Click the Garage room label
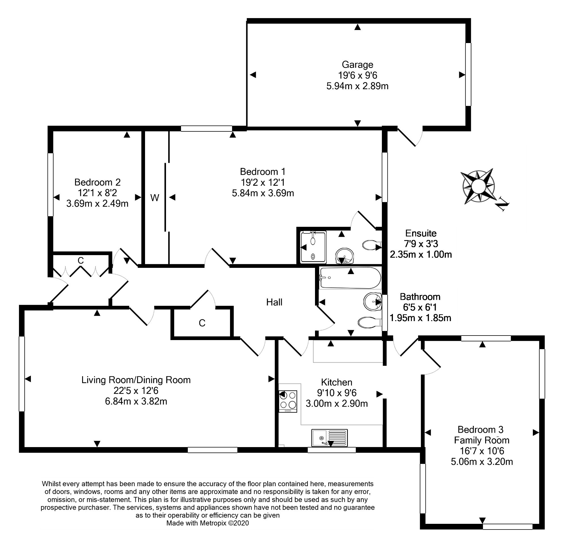point(357,65)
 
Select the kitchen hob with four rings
point(288,400)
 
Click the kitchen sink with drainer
point(330,437)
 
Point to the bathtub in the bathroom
point(350,278)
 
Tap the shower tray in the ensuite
point(313,247)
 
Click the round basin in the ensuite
point(344,255)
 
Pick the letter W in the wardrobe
point(155,198)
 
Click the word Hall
point(274,302)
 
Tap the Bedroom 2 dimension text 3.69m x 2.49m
point(97,203)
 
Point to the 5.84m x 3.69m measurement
point(263,193)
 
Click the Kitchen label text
point(337,382)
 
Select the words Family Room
point(482,440)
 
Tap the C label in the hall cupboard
point(202,323)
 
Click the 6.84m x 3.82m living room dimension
point(136,401)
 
